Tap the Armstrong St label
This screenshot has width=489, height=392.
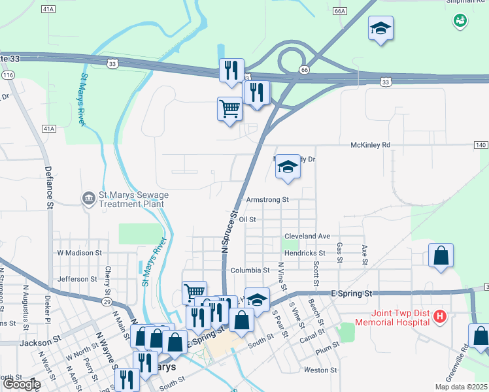tap(267, 200)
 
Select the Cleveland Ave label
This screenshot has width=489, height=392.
tap(307, 236)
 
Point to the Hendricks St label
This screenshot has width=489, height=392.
tap(304, 253)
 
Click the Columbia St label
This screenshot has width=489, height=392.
tap(250, 270)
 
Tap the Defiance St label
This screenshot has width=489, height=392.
tap(48, 188)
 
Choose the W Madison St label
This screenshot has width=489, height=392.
tap(80, 252)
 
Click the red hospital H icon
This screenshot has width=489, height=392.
tap(440, 317)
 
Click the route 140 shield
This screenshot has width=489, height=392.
tap(481, 144)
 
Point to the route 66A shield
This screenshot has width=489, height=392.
tap(339, 11)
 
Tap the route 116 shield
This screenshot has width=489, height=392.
tap(8, 76)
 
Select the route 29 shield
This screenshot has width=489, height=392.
tap(105, 301)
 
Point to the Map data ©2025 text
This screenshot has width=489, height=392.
tap(461, 387)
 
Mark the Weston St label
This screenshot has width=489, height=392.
tap(320, 370)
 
